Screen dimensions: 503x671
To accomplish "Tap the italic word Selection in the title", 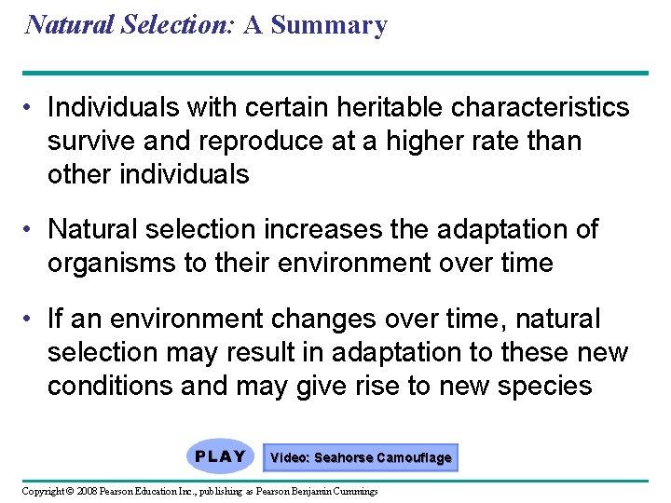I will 169,25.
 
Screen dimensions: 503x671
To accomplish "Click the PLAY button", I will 220,456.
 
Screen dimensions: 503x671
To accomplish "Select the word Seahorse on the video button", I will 343,457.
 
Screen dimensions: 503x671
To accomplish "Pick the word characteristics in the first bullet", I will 541,108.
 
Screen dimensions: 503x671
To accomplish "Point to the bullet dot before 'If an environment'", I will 30,319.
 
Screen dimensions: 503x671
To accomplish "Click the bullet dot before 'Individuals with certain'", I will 30,108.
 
